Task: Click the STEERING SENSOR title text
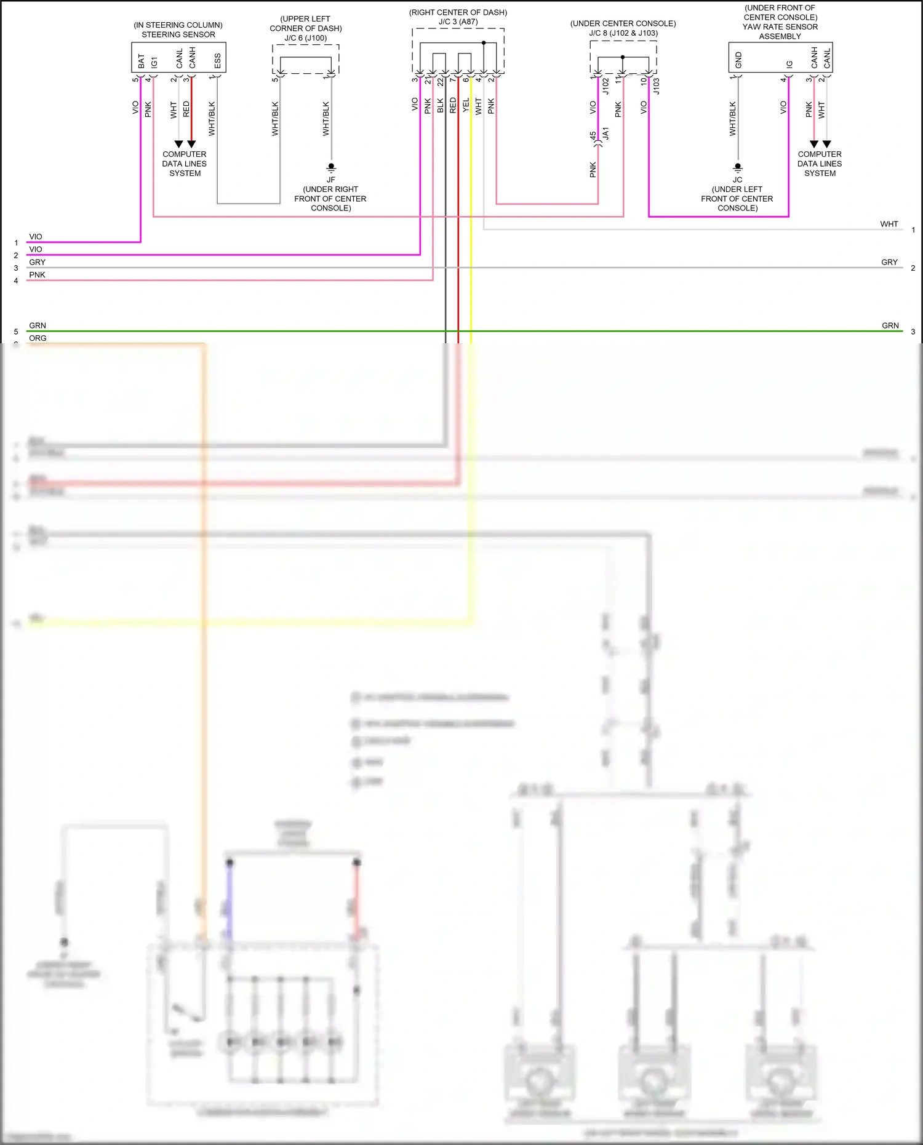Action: [178, 34]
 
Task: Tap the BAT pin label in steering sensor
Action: [142, 60]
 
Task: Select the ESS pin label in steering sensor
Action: [217, 60]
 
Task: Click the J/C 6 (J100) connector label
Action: [305, 38]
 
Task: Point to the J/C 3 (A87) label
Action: [458, 22]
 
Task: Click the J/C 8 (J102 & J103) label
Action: [623, 33]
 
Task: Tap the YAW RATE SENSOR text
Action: [780, 27]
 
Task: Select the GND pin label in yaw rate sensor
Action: [738, 60]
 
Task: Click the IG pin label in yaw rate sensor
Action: [789, 63]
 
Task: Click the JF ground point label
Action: [331, 180]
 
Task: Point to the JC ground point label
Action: [737, 180]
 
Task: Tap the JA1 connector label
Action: [605, 134]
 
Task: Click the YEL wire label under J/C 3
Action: [466, 105]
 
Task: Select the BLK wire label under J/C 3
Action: [441, 105]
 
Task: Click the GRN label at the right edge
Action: [890, 325]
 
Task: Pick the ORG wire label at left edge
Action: [38, 338]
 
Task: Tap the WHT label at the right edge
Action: [889, 224]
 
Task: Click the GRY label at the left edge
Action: [37, 262]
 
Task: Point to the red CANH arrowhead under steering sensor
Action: [191, 144]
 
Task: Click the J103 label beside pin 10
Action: [657, 86]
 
